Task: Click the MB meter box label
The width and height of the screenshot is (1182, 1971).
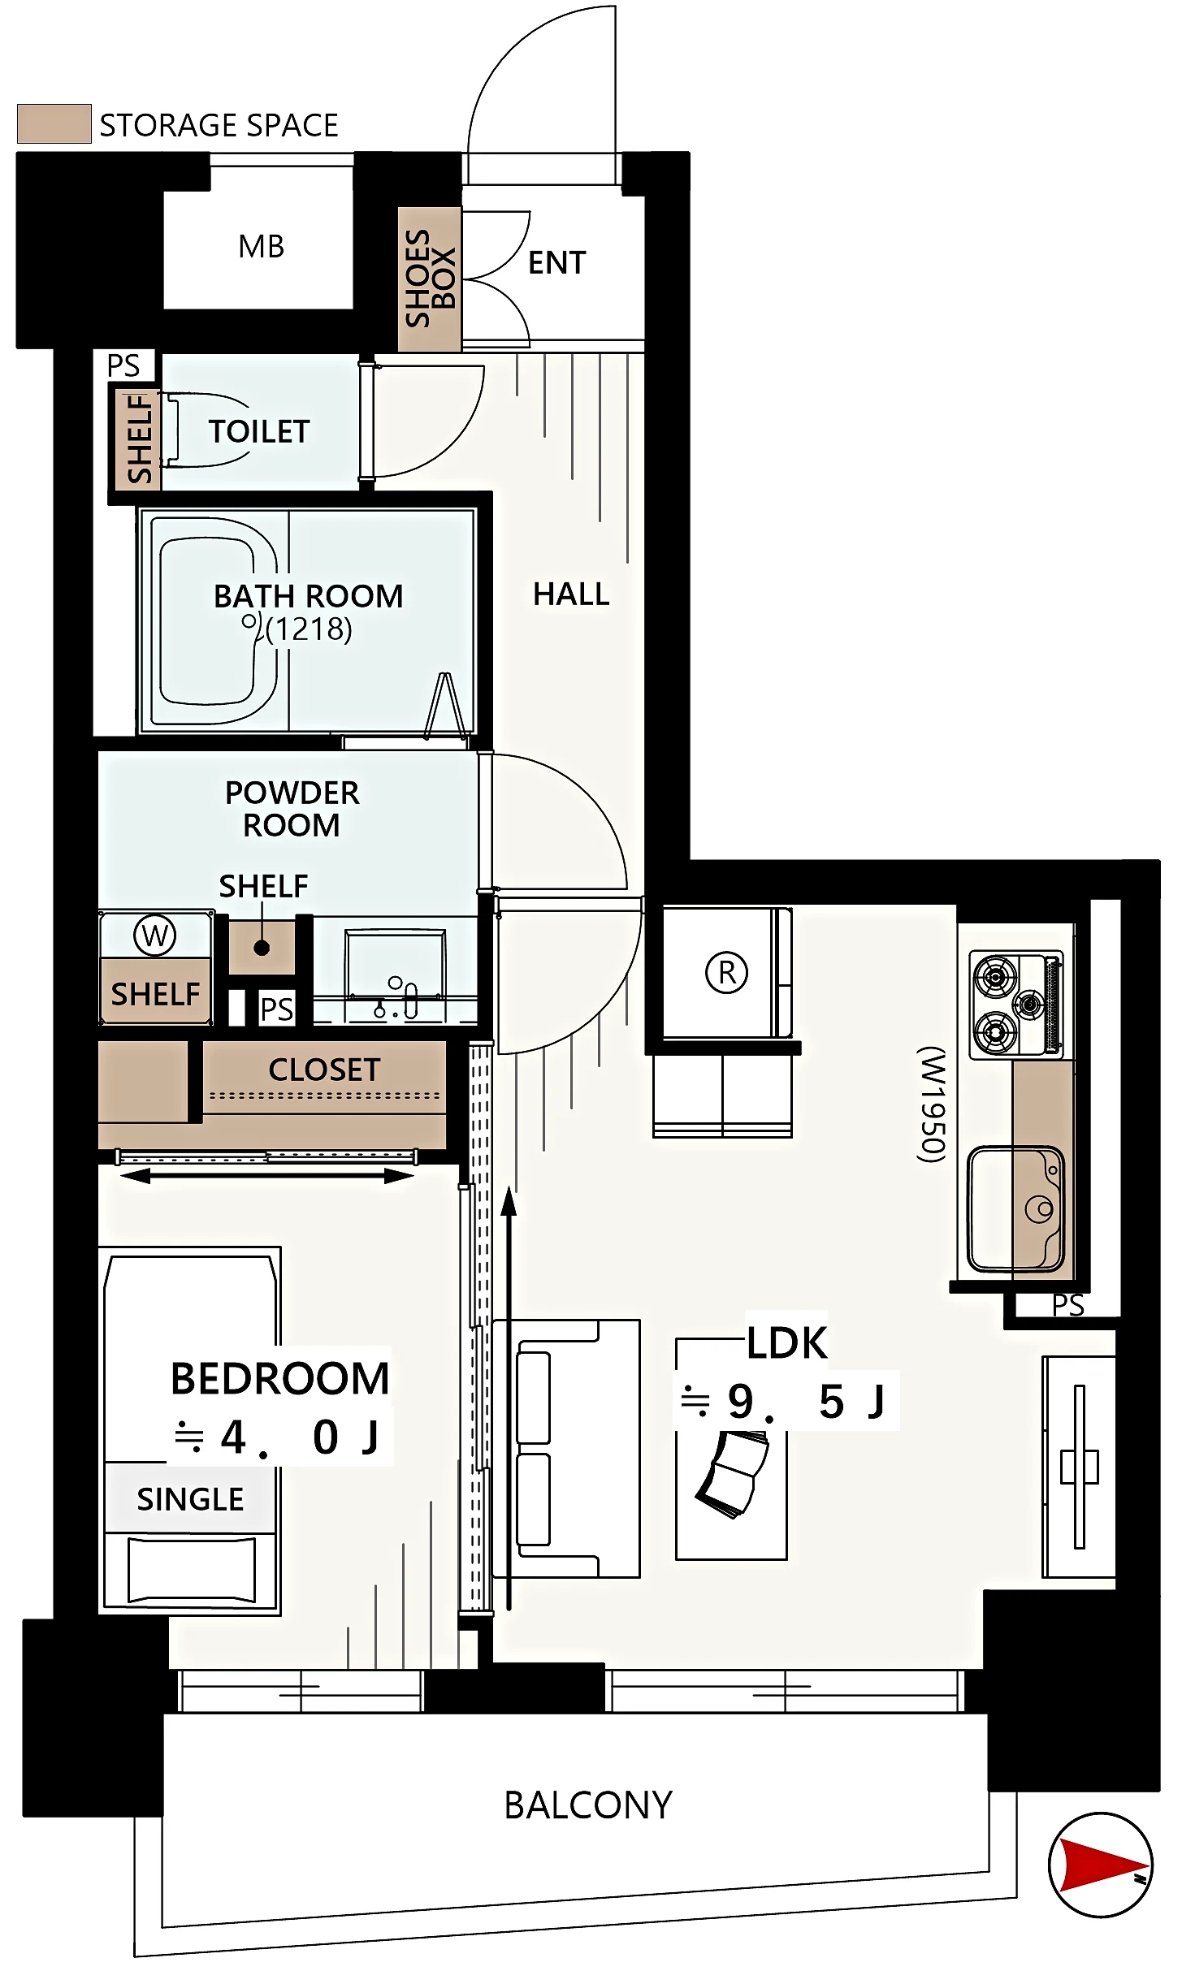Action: click(x=261, y=246)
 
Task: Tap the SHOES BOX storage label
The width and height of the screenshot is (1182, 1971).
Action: click(x=430, y=278)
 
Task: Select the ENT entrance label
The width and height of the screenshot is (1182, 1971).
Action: click(x=556, y=262)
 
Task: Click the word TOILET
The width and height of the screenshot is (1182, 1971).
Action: click(x=259, y=431)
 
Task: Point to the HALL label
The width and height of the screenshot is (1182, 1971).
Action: click(x=571, y=594)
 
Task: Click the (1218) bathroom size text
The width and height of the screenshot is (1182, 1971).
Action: click(x=309, y=629)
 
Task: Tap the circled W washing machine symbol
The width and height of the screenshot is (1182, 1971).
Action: click(x=155, y=936)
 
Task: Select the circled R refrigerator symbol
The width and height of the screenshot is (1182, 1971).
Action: click(x=726, y=972)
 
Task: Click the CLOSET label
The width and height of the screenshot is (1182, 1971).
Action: click(x=324, y=1070)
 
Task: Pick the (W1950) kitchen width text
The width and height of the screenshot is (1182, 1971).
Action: click(x=932, y=1104)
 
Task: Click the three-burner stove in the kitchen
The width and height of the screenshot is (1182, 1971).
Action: click(x=1017, y=1005)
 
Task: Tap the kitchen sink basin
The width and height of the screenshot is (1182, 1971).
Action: click(x=1015, y=1208)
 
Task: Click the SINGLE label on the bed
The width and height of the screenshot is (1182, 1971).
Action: click(x=190, y=1499)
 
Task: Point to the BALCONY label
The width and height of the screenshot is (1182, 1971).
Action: click(x=588, y=1805)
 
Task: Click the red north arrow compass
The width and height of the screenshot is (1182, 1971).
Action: click(x=1100, y=1865)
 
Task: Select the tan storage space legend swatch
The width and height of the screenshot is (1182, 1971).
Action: click(x=54, y=123)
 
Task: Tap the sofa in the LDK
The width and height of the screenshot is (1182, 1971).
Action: click(x=566, y=1449)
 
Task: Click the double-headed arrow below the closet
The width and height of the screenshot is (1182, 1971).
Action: click(x=267, y=1176)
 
